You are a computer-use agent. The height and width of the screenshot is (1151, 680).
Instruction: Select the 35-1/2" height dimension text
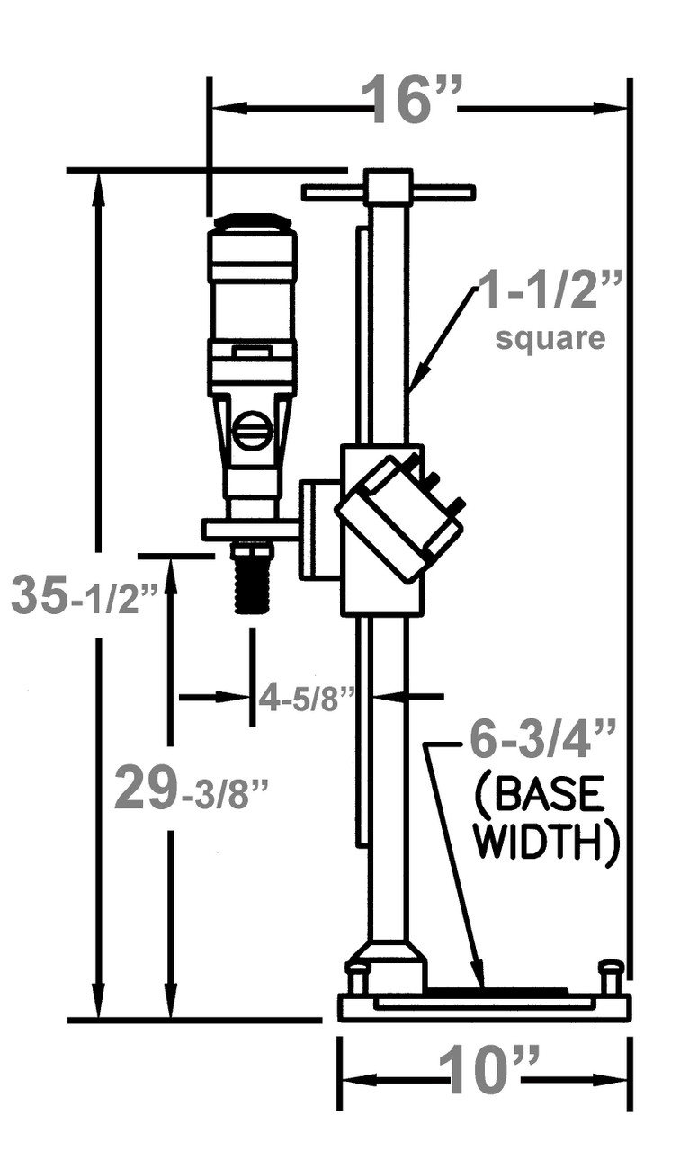point(85,596)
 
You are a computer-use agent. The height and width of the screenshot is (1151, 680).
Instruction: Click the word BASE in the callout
point(546,795)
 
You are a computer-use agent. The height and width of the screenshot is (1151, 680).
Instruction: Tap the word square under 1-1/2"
point(550,339)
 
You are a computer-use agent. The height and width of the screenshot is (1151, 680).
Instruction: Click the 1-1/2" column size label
point(549,292)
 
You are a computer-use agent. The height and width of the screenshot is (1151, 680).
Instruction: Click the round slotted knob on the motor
point(253,430)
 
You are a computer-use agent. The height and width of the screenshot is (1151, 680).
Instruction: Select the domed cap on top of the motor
point(252,221)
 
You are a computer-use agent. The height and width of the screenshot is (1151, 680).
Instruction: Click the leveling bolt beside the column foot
point(357,977)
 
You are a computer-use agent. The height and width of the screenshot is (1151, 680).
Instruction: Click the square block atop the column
point(388,187)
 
